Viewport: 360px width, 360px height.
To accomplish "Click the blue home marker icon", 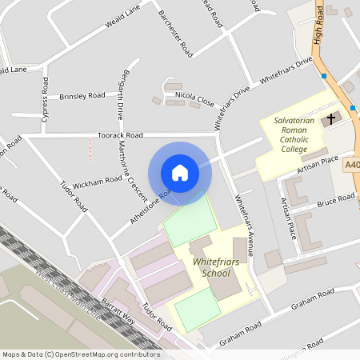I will pos(180,173).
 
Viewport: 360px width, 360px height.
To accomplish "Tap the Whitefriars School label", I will pos(206,267).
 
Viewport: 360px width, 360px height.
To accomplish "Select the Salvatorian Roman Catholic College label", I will pos(290,134).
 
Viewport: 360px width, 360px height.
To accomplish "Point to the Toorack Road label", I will pos(120,135).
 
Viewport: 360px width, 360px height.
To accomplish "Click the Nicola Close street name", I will pos(194,98).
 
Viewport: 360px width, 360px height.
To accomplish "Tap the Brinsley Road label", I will pos(82,95).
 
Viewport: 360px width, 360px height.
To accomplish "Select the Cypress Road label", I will pos(46,99).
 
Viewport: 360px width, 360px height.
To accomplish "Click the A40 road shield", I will pos(352,166).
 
